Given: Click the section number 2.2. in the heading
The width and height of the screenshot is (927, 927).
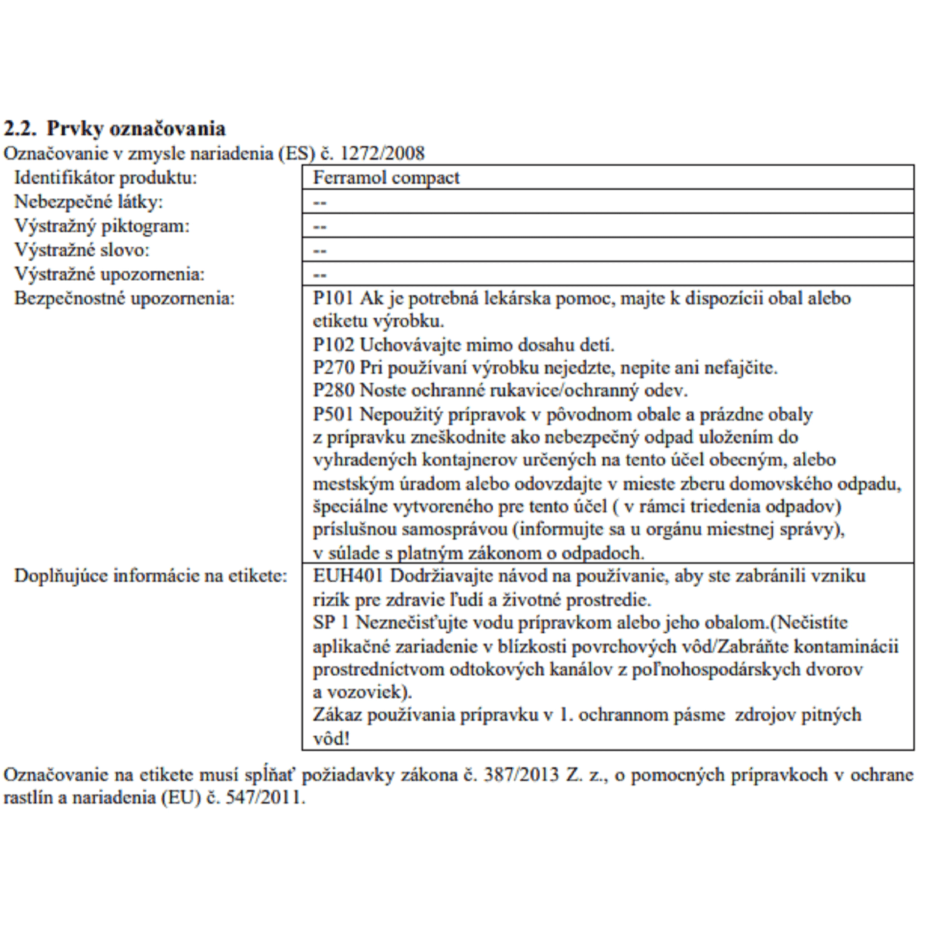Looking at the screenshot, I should pyautogui.click(x=20, y=129).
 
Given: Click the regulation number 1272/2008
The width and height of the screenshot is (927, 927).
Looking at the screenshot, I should pyautogui.click(x=382, y=153).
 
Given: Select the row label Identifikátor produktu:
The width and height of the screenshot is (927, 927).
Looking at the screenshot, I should pyautogui.click(x=106, y=178).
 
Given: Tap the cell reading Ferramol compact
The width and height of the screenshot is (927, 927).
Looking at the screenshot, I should pyautogui.click(x=386, y=178).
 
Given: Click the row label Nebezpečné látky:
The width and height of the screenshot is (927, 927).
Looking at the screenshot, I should pyautogui.click(x=88, y=202).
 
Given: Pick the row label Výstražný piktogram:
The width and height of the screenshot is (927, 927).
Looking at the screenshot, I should pyautogui.click(x=102, y=226).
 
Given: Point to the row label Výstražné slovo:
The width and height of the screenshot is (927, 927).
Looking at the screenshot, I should pyautogui.click(x=82, y=250).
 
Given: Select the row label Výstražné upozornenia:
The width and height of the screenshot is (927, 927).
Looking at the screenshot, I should pyautogui.click(x=109, y=274).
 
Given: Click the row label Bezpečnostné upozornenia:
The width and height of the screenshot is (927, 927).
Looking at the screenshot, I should pyautogui.click(x=124, y=298).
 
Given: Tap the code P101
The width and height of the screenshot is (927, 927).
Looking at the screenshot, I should pyautogui.click(x=332, y=298).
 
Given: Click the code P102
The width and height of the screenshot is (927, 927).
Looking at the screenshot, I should pyautogui.click(x=332, y=345).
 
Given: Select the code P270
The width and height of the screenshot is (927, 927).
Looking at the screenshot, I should pyautogui.click(x=333, y=368).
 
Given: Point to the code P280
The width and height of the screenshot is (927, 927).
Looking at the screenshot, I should pyautogui.click(x=333, y=391).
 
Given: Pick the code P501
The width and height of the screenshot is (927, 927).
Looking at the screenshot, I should pyautogui.click(x=332, y=414).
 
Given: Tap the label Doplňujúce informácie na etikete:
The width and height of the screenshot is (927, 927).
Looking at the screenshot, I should pyautogui.click(x=151, y=576).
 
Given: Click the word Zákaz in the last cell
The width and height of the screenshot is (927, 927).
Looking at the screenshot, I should pyautogui.click(x=337, y=715).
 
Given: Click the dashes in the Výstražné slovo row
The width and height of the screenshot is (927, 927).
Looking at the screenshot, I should pyautogui.click(x=320, y=251).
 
